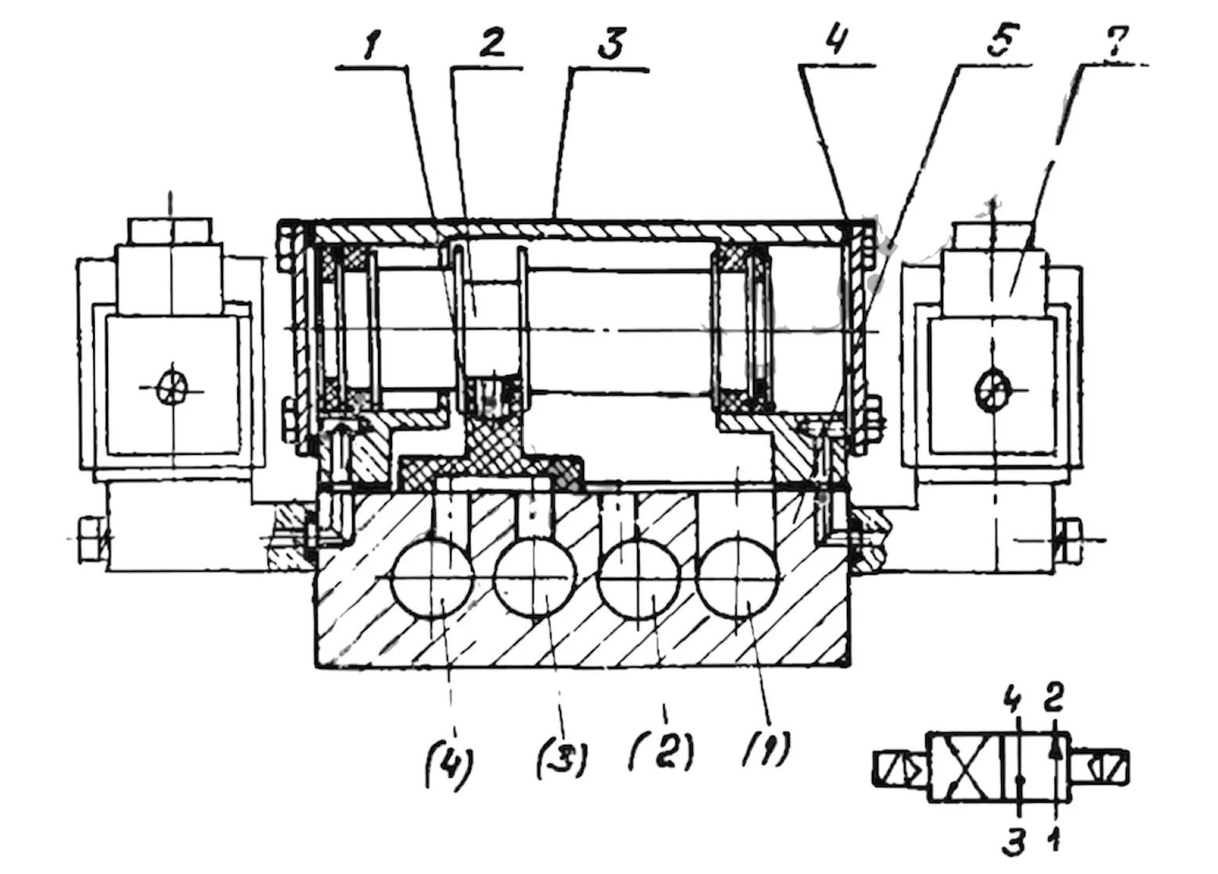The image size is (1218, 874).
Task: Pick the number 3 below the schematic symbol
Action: (x=1015, y=843)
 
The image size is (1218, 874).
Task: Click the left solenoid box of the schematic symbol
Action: (x=899, y=767)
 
